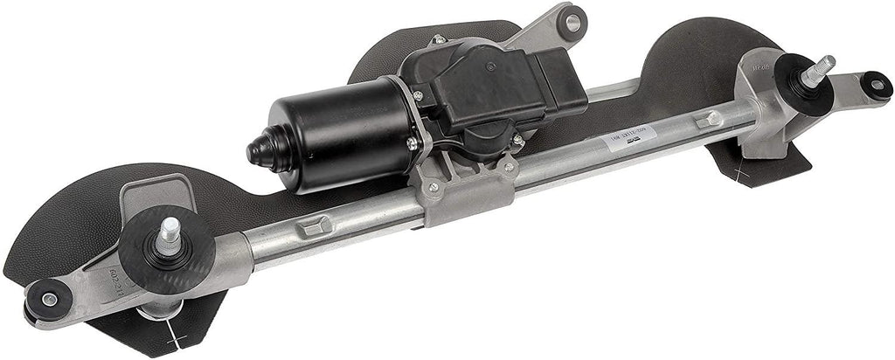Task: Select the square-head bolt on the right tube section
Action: pyautogui.click(x=713, y=117)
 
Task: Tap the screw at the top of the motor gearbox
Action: pyautogui.click(x=438, y=40)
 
